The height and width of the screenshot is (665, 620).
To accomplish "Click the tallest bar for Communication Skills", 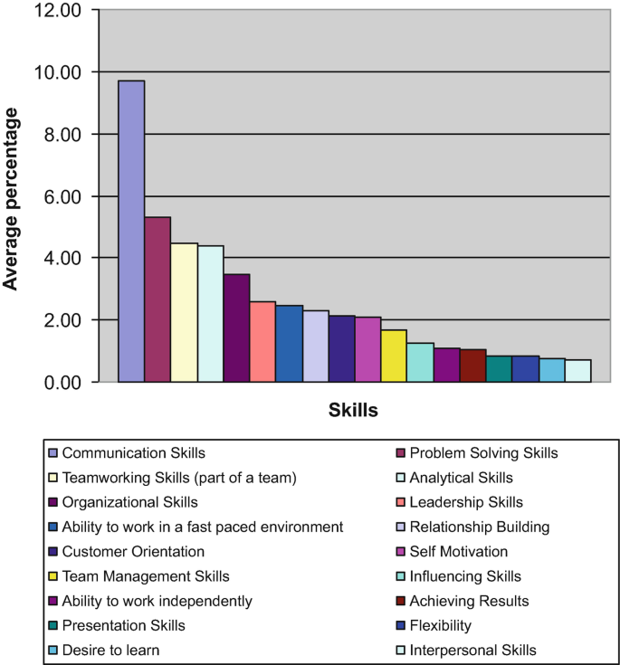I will (x=131, y=232).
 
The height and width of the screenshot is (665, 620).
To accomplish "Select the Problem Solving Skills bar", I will (x=157, y=299).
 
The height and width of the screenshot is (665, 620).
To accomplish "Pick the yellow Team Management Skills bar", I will (x=394, y=356).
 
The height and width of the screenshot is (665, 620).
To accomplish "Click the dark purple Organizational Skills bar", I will (x=236, y=328).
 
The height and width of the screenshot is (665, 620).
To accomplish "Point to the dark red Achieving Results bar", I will (x=472, y=366).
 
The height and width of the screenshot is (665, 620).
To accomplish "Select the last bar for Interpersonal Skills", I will (x=578, y=371).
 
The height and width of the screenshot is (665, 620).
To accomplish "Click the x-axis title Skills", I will (x=353, y=411).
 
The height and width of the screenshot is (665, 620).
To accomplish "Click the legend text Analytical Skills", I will (x=461, y=478).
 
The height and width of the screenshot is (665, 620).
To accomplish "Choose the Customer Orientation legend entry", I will (x=133, y=551).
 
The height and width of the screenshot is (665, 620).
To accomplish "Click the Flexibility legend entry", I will (x=440, y=625).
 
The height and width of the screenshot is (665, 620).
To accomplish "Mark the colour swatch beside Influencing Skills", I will (x=401, y=576).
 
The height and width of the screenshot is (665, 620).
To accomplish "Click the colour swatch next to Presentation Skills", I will (x=53, y=626).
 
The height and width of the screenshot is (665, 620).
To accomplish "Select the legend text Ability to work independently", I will (x=157, y=601).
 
